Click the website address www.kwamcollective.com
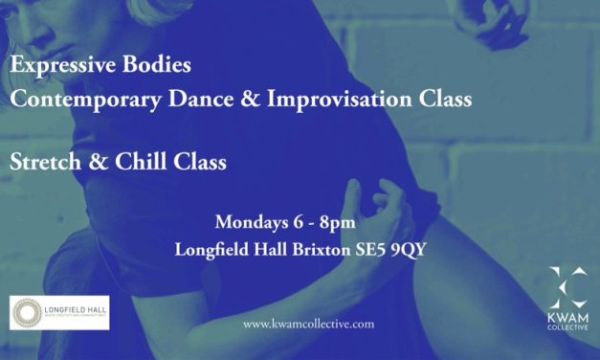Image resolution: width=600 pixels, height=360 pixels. [x=309, y=325]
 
